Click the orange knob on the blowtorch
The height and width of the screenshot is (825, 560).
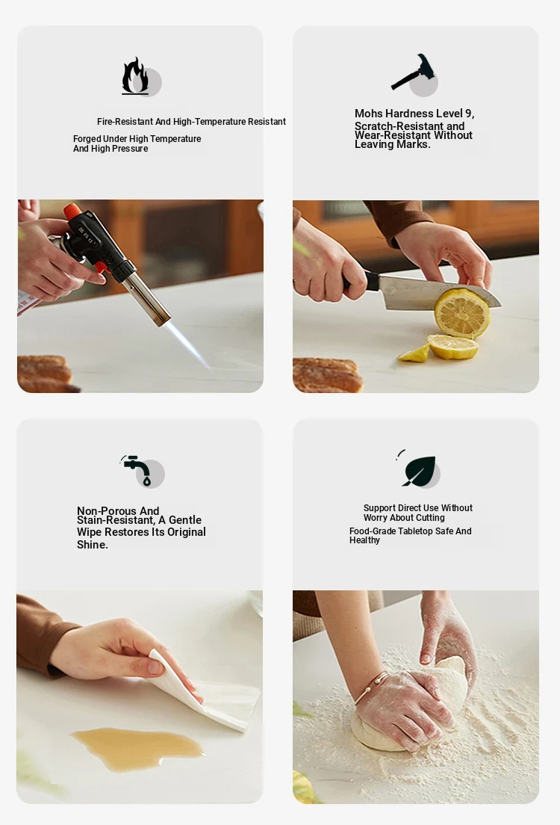72,211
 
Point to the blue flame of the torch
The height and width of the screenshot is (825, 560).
187,344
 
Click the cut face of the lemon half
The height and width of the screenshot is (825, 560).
461,314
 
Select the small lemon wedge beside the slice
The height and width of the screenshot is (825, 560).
414,353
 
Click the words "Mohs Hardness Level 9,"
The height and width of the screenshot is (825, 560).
414,114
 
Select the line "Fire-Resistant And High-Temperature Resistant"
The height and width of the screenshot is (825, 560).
191,122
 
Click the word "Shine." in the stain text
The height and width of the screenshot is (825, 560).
93,545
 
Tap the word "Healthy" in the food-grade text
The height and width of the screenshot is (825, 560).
364,540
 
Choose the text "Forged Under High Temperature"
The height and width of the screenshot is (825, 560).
137,139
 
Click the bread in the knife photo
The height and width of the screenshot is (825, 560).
328,375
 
